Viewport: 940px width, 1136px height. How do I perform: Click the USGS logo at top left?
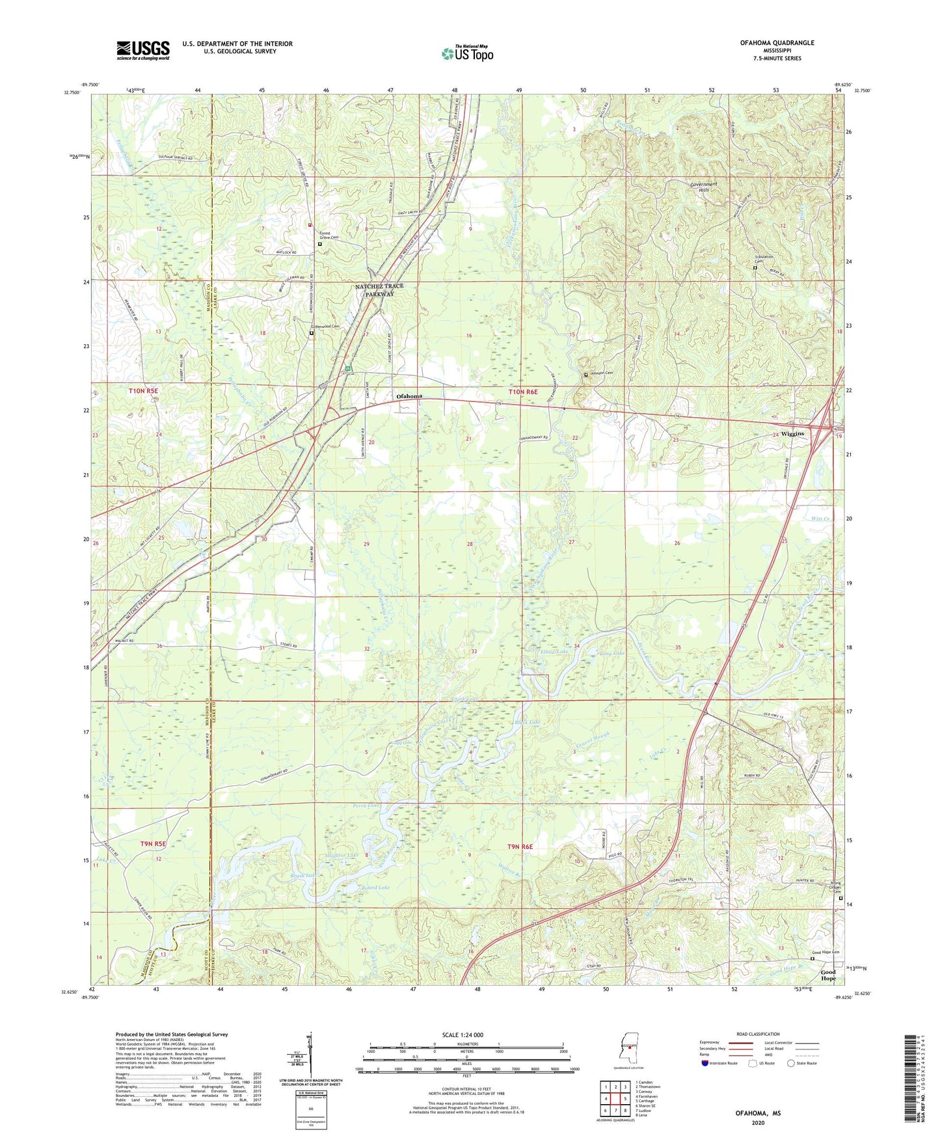tap(142, 50)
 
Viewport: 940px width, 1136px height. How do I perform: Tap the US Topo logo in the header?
tap(467, 53)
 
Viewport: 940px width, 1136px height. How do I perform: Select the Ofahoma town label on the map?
tap(409, 396)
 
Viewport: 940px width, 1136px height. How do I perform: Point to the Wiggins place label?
tap(792, 433)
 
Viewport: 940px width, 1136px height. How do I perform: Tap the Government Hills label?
tap(703, 187)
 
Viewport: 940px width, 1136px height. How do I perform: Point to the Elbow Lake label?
tap(554, 652)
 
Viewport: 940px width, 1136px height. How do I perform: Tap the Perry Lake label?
tap(366, 805)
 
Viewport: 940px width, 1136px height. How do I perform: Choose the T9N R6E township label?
tap(520, 846)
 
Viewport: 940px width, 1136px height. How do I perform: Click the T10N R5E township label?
tap(144, 391)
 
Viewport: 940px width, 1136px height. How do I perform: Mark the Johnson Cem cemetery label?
tap(600, 373)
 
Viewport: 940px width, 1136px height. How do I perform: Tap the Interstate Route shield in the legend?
tap(705, 1063)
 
